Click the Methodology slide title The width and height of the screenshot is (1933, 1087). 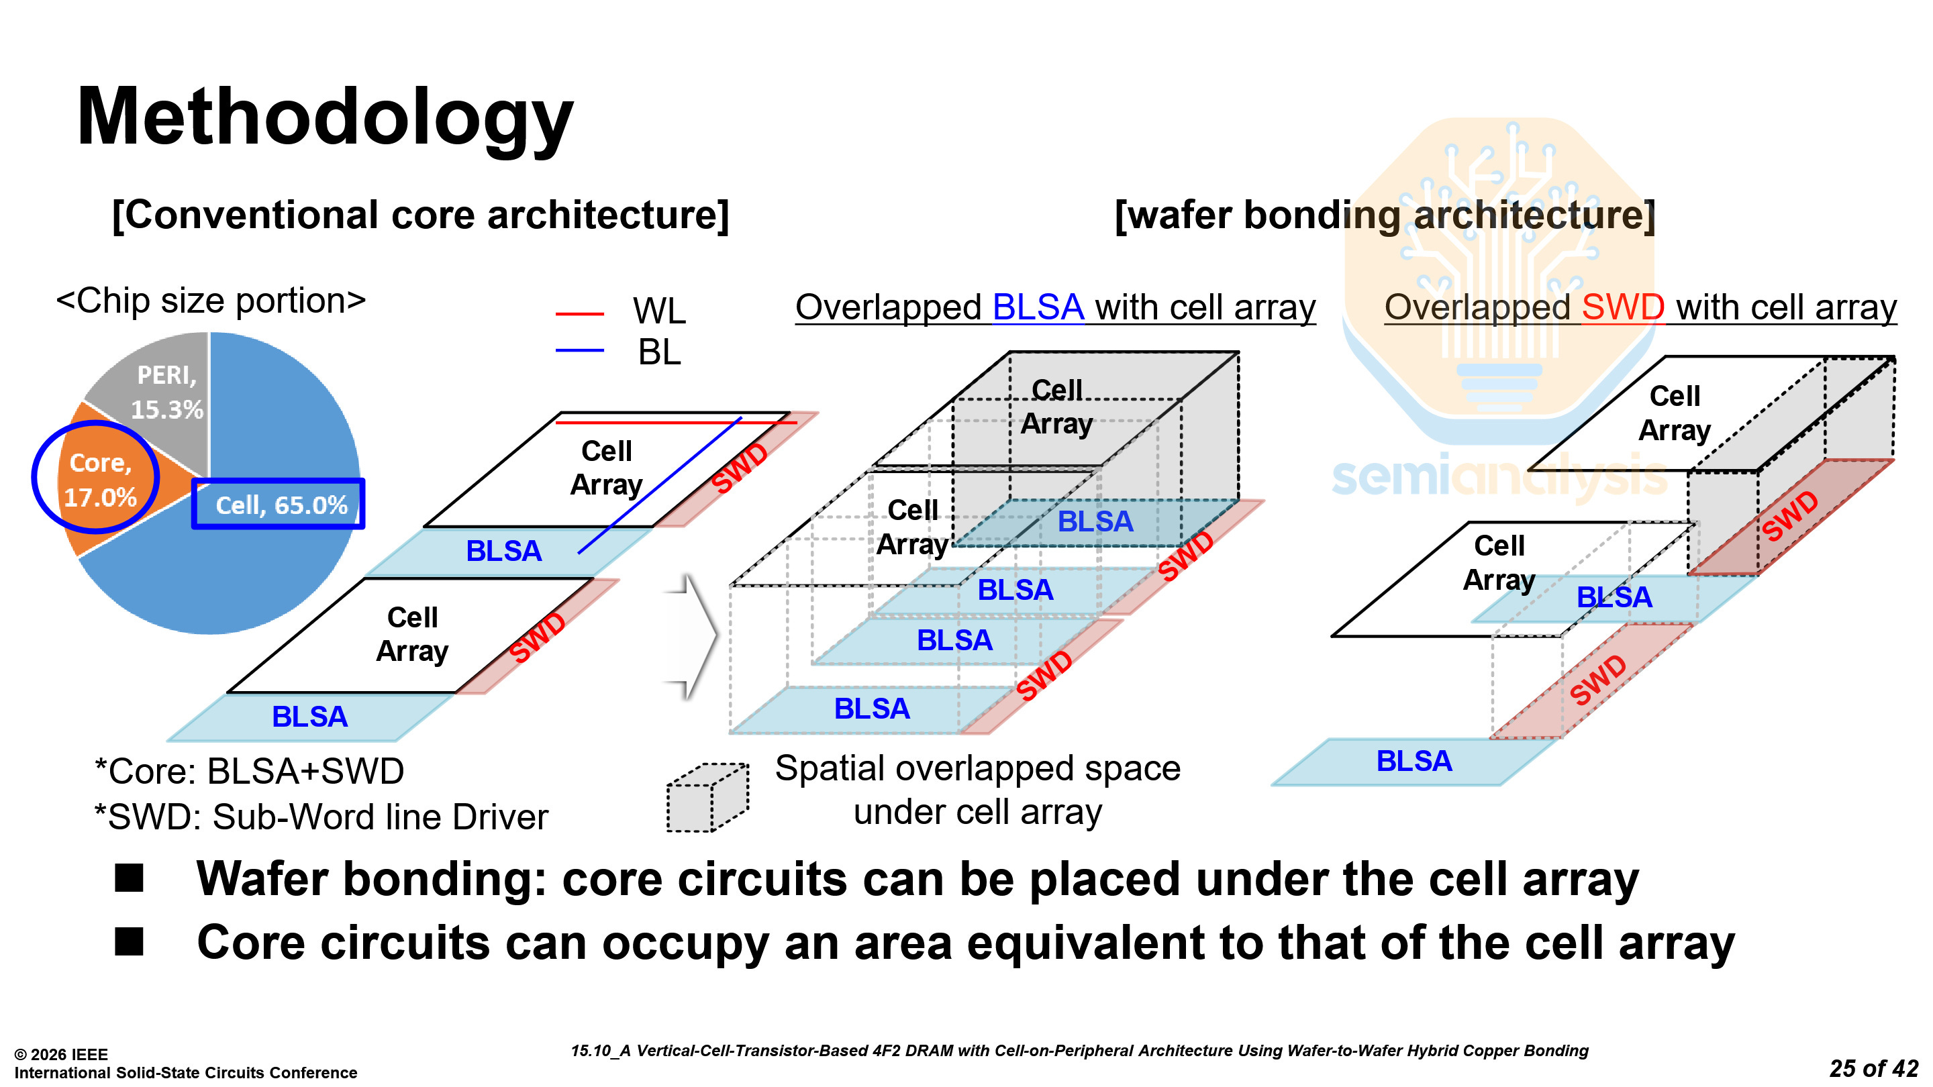pyautogui.click(x=325, y=119)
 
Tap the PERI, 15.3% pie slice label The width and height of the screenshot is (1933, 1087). pyautogui.click(x=166, y=393)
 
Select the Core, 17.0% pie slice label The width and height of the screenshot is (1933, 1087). pyautogui.click(x=101, y=480)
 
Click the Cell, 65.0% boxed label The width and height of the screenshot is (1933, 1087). pyautogui.click(x=281, y=505)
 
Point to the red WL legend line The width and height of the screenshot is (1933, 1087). pyautogui.click(x=579, y=313)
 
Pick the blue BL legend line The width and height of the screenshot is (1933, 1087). pyautogui.click(x=579, y=350)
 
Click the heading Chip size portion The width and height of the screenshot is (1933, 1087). pyautogui.click(x=211, y=301)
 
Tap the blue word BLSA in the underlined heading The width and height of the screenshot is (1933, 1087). pyautogui.click(x=1038, y=307)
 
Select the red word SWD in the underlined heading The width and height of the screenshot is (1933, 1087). pyautogui.click(x=1622, y=307)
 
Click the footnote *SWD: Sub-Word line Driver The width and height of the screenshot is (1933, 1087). pyautogui.click(x=321, y=817)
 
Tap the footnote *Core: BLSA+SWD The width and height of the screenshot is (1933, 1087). pyautogui.click(x=249, y=771)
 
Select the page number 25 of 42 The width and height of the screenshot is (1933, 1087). pyautogui.click(x=1873, y=1068)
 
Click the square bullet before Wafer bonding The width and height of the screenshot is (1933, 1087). pyautogui.click(x=129, y=878)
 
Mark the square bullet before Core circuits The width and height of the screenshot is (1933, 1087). pyautogui.click(x=129, y=941)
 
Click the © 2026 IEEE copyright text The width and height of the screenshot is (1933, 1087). pyautogui.click(x=62, y=1054)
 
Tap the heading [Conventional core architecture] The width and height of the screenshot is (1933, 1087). pyautogui.click(x=420, y=215)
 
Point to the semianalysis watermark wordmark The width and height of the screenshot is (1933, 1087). pyautogui.click(x=1499, y=477)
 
